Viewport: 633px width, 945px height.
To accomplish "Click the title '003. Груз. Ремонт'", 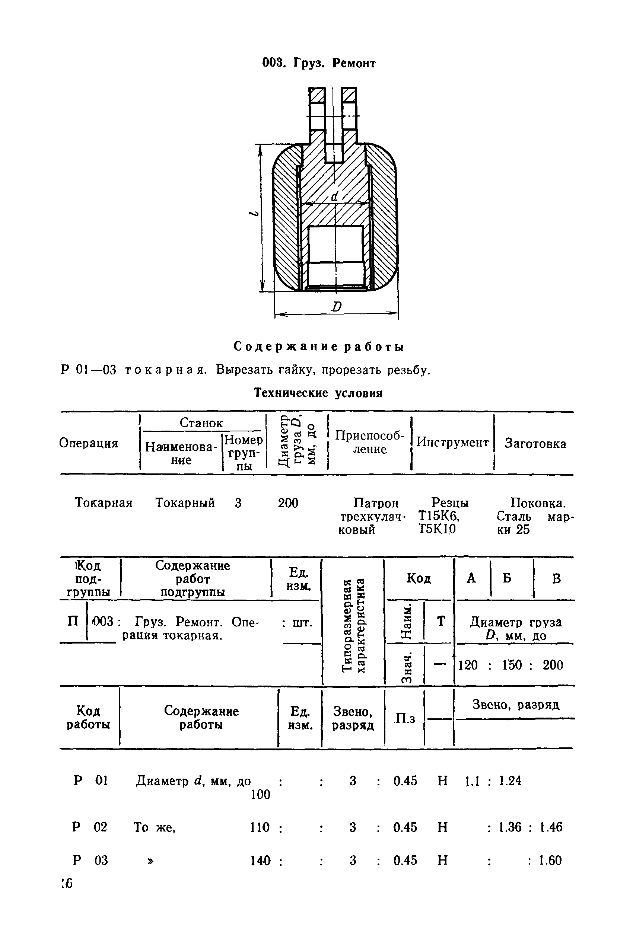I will tap(318, 63).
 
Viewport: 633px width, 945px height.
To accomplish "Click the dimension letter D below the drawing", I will tap(336, 307).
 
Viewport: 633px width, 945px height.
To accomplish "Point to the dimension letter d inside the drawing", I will tap(334, 197).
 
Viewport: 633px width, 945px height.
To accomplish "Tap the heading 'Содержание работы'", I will tap(318, 347).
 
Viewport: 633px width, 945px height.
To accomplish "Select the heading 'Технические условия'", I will tap(318, 393).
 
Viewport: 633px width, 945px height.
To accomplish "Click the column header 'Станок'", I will tap(201, 423).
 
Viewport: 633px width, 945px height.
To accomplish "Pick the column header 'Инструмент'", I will tap(452, 442).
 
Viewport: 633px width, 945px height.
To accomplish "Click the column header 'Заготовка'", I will tap(535, 443).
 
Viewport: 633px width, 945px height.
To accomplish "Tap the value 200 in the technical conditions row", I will tap(288, 503).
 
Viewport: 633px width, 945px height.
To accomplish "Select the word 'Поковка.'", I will tap(538, 503).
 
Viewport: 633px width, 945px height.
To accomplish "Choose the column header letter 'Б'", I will tap(507, 578).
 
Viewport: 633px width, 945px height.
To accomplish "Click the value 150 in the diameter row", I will tap(512, 665).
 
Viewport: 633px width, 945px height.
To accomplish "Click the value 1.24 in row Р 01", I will tap(510, 781).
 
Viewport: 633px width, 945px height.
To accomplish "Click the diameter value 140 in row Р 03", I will tap(260, 860).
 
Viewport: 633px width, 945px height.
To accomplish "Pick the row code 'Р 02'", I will tap(90, 827).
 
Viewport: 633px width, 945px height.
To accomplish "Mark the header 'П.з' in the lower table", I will tap(404, 718).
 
